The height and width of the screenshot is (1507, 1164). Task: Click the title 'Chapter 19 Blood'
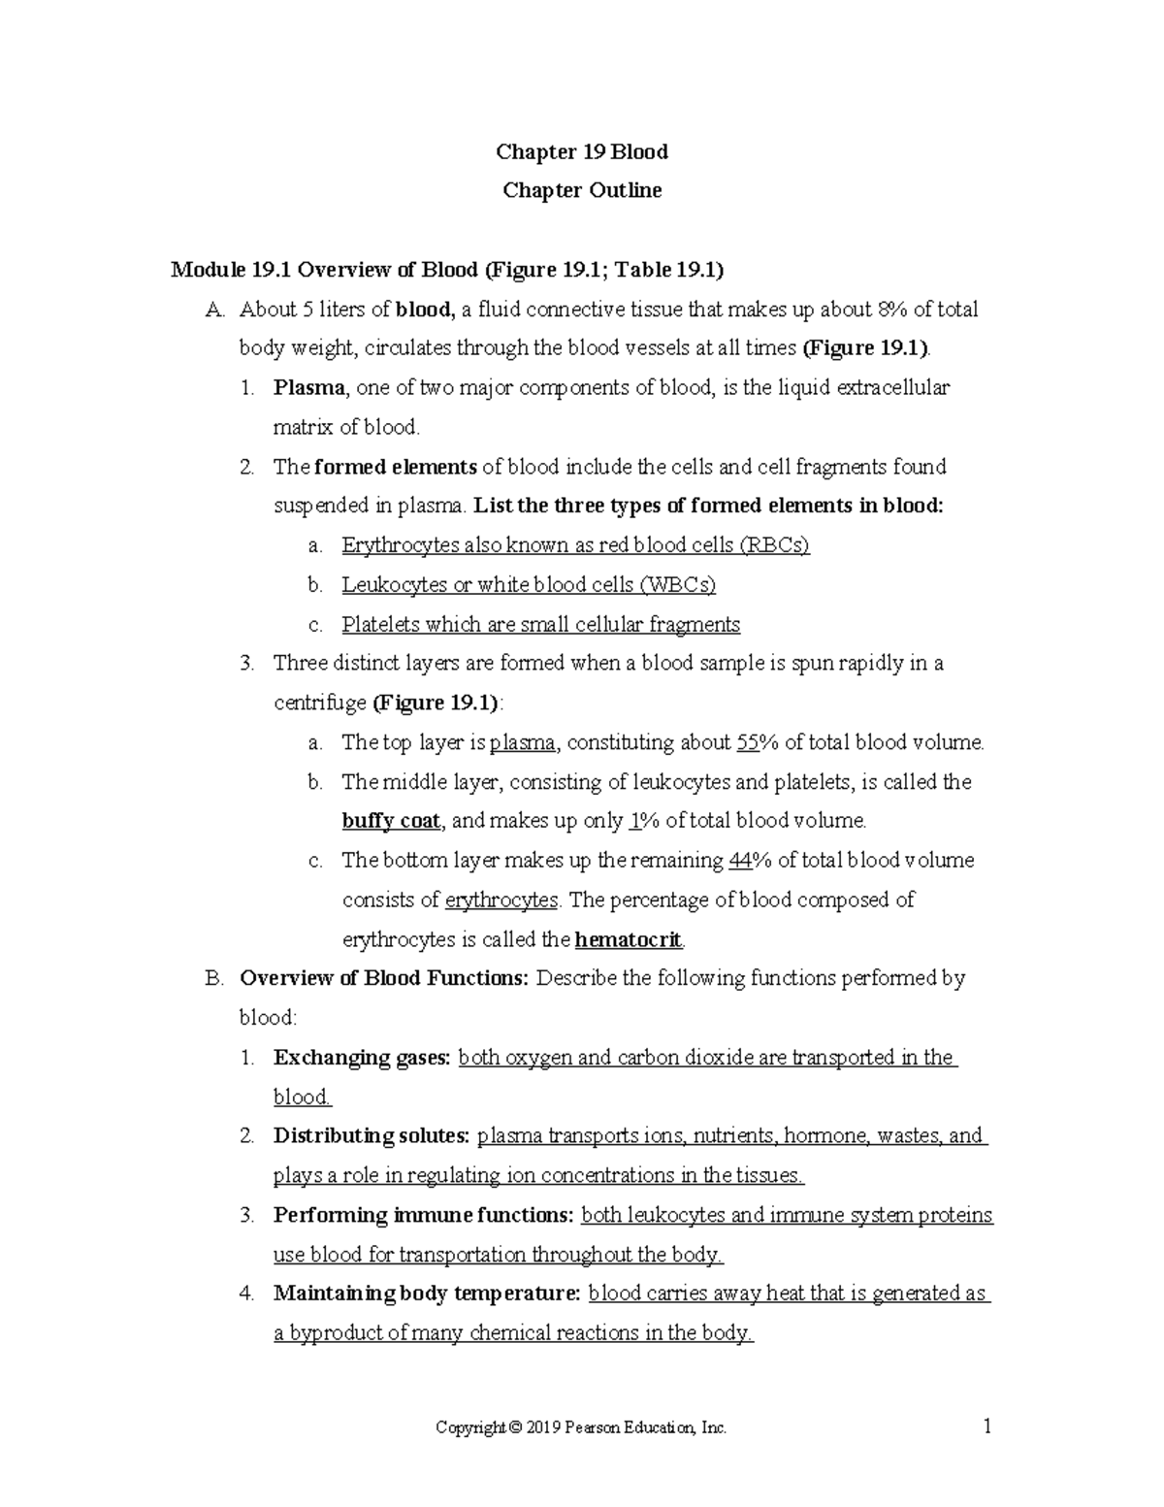pos(581,151)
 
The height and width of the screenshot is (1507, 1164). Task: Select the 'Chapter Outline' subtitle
pos(581,190)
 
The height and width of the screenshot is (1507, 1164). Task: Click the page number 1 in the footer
pos(986,1426)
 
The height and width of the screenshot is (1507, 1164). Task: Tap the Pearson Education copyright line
pos(581,1427)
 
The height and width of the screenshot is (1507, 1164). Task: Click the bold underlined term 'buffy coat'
pos(391,821)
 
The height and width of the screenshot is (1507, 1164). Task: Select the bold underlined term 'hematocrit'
pos(629,940)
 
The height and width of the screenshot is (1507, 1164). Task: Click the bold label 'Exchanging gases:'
pos(362,1058)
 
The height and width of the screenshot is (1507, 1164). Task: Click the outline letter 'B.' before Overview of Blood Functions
pos(214,978)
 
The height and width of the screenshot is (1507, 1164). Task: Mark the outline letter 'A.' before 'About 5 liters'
pos(214,310)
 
